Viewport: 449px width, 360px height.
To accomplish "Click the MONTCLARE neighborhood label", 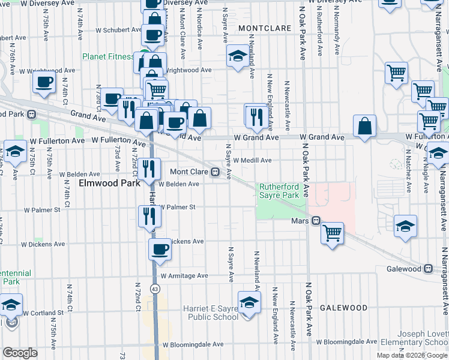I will (264, 28).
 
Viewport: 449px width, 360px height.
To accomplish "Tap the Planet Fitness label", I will (109, 57).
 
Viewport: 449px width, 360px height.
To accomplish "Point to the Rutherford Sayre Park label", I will (279, 191).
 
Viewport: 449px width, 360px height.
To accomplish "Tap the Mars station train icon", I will (314, 221).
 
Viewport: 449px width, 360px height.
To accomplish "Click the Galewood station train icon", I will (427, 269).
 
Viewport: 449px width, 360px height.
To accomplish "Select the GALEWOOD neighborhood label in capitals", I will (343, 308).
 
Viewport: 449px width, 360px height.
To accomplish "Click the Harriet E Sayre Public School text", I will (210, 313).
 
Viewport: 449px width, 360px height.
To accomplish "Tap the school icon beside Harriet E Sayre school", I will (249, 304).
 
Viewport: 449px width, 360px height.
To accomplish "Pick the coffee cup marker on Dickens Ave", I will (160, 249).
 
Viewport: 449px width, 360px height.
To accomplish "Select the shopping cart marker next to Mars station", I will (332, 232).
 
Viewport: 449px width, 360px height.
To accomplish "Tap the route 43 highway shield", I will (155, 289).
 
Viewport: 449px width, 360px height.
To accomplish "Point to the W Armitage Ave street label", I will (184, 275).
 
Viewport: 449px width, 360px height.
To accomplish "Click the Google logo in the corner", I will (20, 353).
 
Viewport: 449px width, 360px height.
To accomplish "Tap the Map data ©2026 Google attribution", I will (411, 355).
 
